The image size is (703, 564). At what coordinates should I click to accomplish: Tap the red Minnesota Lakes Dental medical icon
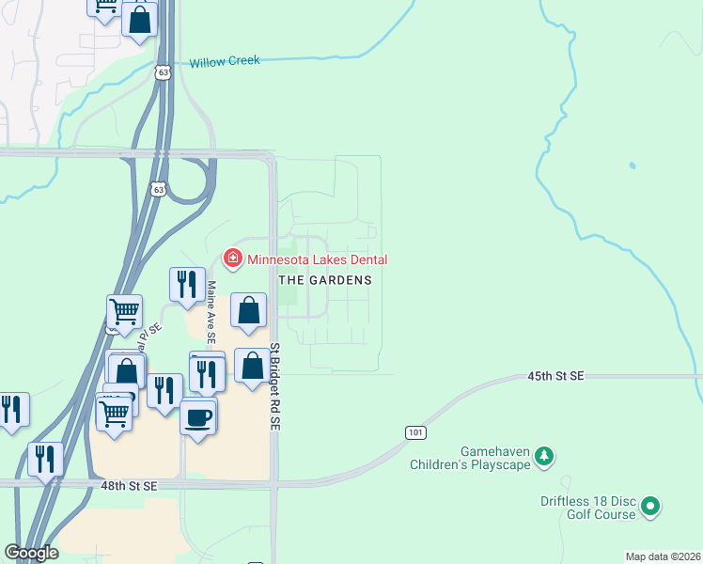coord(231,258)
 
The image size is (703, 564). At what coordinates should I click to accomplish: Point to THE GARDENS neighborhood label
coord(325,280)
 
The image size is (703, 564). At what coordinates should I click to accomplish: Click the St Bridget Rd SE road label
coord(276,387)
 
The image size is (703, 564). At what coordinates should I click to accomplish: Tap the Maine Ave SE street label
coord(211,311)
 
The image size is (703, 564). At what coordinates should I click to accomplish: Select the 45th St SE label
coord(555,376)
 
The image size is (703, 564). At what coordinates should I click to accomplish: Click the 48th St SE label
coord(129,486)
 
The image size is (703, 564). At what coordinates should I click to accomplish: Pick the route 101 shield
coord(416,432)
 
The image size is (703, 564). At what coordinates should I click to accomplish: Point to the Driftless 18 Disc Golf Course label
coord(587,508)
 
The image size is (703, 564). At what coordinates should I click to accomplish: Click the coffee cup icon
coord(198,416)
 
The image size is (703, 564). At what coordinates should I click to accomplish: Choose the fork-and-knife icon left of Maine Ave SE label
coord(185,285)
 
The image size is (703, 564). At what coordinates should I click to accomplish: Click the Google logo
coord(31,553)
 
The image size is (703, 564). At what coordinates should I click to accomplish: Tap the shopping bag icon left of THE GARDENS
coord(248,312)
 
